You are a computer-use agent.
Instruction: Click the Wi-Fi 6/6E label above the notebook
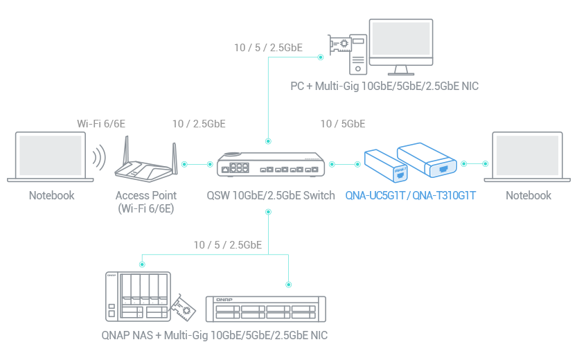(x=100, y=124)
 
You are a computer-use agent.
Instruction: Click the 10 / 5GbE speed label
(x=342, y=124)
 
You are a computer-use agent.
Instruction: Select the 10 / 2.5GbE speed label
(x=199, y=124)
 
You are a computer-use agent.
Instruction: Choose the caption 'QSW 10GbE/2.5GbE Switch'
(x=271, y=195)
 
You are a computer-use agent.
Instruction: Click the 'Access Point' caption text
(x=145, y=195)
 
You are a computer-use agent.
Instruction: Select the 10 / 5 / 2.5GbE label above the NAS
(x=227, y=244)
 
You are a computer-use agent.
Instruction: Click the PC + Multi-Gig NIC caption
(x=384, y=87)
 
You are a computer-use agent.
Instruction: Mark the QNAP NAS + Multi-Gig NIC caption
(x=213, y=335)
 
